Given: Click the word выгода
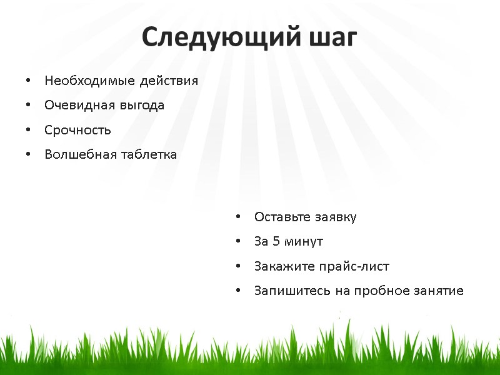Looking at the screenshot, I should click(141, 106).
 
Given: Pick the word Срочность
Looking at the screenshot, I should click(77, 131).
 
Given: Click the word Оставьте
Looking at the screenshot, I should click(281, 217).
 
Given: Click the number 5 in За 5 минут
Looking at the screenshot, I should click(276, 242).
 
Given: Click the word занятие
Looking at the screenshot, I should click(437, 291).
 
